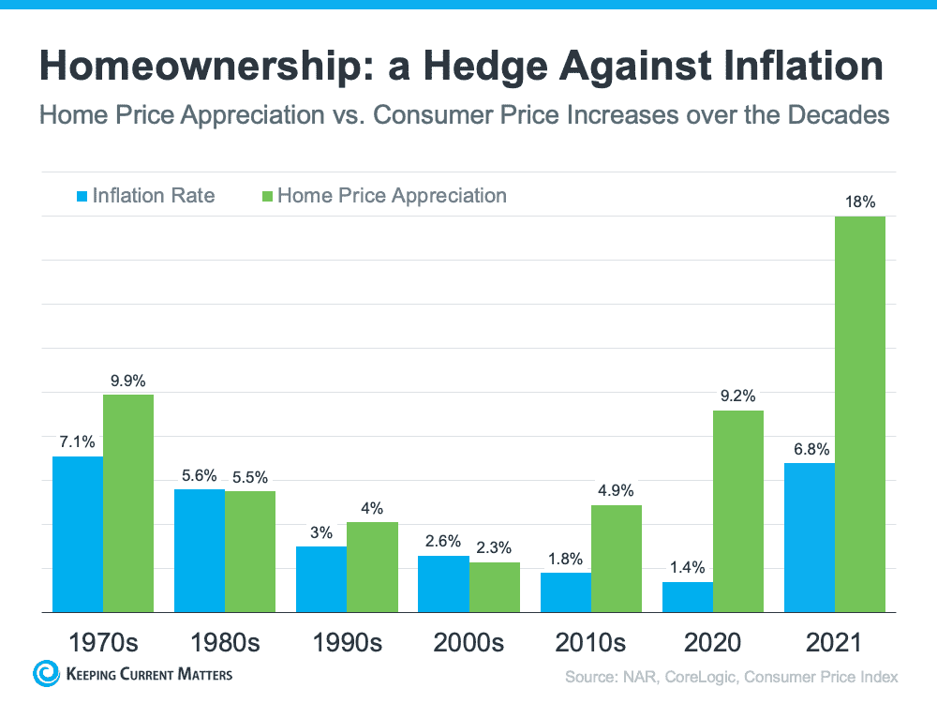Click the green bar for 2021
point(859,413)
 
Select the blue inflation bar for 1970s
point(77,534)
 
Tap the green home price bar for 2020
point(738,511)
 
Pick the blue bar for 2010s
point(566,592)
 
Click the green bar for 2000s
point(495,587)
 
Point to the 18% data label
point(859,202)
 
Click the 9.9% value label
point(127,381)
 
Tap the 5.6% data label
point(199,475)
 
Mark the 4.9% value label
point(616,490)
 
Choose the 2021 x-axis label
point(834,643)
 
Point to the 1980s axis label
point(225,643)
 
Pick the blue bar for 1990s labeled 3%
point(321,579)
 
